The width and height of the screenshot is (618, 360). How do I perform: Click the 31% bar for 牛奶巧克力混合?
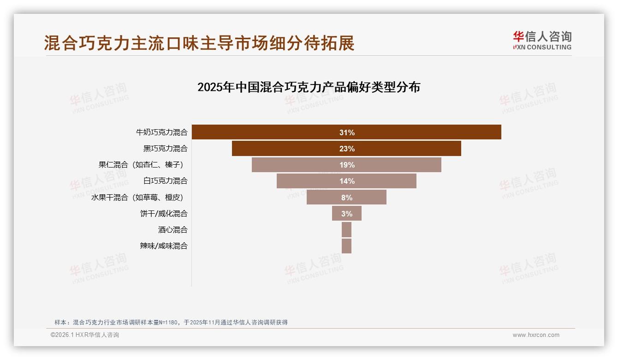tap(346, 132)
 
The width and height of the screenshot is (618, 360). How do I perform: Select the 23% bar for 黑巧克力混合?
tap(346, 149)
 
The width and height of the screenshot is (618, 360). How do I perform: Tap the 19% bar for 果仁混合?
tap(346, 165)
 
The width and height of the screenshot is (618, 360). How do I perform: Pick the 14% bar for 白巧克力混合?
tap(346, 181)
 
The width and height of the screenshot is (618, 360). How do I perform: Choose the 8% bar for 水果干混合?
tap(346, 197)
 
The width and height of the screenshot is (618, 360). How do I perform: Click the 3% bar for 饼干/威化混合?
tap(346, 213)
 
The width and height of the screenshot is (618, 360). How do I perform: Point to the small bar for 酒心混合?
tap(346, 229)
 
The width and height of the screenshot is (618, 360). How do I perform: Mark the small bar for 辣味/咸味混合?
tap(346, 246)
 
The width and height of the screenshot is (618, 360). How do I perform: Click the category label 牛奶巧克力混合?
tap(162, 132)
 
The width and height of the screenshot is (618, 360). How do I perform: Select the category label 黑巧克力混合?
tap(166, 149)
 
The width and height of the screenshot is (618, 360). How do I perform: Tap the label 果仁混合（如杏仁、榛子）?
tap(143, 165)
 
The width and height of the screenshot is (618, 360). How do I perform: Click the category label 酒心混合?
tap(173, 229)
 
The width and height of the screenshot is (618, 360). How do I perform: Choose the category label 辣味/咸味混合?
tap(164, 246)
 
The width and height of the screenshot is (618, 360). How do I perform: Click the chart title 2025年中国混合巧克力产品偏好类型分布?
tap(309, 87)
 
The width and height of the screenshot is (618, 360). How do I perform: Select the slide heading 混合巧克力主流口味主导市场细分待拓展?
tap(199, 43)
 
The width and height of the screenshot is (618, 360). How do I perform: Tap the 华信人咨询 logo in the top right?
tap(542, 41)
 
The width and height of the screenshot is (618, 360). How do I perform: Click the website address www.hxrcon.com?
tap(536, 335)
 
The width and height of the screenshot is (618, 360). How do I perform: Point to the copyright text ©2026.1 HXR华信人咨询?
tap(85, 335)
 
